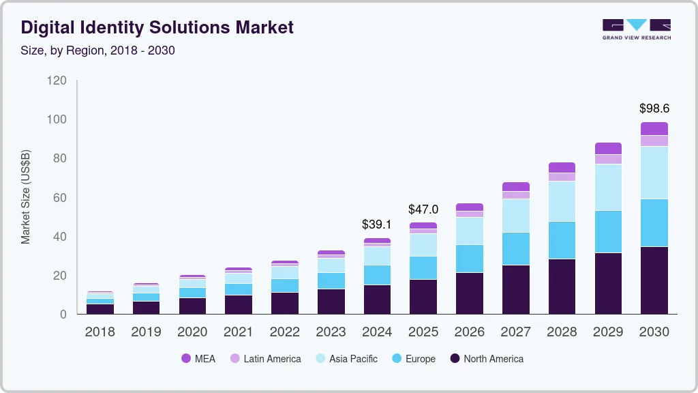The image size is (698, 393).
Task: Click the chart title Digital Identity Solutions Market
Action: tap(157, 27)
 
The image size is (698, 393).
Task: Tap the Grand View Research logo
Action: tap(636, 29)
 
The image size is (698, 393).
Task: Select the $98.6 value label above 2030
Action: tap(654, 108)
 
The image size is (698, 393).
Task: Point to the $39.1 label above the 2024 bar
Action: tap(377, 224)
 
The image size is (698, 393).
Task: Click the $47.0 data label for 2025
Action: tap(423, 209)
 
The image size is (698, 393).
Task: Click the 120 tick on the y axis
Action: tap(57, 81)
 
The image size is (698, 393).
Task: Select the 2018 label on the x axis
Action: tap(100, 332)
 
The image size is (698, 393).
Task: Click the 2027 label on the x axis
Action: tap(516, 332)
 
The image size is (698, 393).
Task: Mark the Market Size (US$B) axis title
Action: tap(26, 197)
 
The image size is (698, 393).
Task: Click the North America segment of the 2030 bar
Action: tap(654, 280)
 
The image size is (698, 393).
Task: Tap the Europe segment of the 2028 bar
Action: tap(562, 240)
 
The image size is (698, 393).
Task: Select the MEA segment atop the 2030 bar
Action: tap(654, 129)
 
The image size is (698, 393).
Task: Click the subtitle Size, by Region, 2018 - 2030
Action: tap(98, 50)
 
